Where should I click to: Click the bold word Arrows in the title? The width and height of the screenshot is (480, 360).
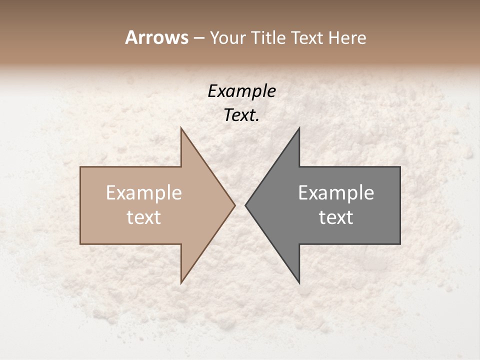point(156,37)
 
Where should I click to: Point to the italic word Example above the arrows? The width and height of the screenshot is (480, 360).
point(241,91)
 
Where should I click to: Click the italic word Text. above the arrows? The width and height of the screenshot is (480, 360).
point(241,115)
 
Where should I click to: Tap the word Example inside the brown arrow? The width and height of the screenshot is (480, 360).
point(144,193)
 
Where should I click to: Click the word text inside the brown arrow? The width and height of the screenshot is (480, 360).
point(144,217)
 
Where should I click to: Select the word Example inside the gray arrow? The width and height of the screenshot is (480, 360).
point(336,193)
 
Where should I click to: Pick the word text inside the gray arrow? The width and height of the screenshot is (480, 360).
point(336,217)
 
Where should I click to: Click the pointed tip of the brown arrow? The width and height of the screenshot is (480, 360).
point(235,205)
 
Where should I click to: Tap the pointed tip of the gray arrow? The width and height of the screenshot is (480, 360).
point(245,205)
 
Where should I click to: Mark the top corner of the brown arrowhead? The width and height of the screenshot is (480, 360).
point(181,128)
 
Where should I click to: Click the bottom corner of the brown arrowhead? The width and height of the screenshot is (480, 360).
point(181,283)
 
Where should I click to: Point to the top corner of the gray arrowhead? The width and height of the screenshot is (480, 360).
point(299,128)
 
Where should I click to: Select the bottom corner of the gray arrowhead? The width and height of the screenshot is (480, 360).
point(299,283)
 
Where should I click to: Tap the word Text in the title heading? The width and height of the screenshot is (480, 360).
point(308,37)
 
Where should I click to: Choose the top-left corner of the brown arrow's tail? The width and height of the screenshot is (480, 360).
point(80,167)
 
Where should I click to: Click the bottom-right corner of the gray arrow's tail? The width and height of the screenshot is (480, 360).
point(400,244)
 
